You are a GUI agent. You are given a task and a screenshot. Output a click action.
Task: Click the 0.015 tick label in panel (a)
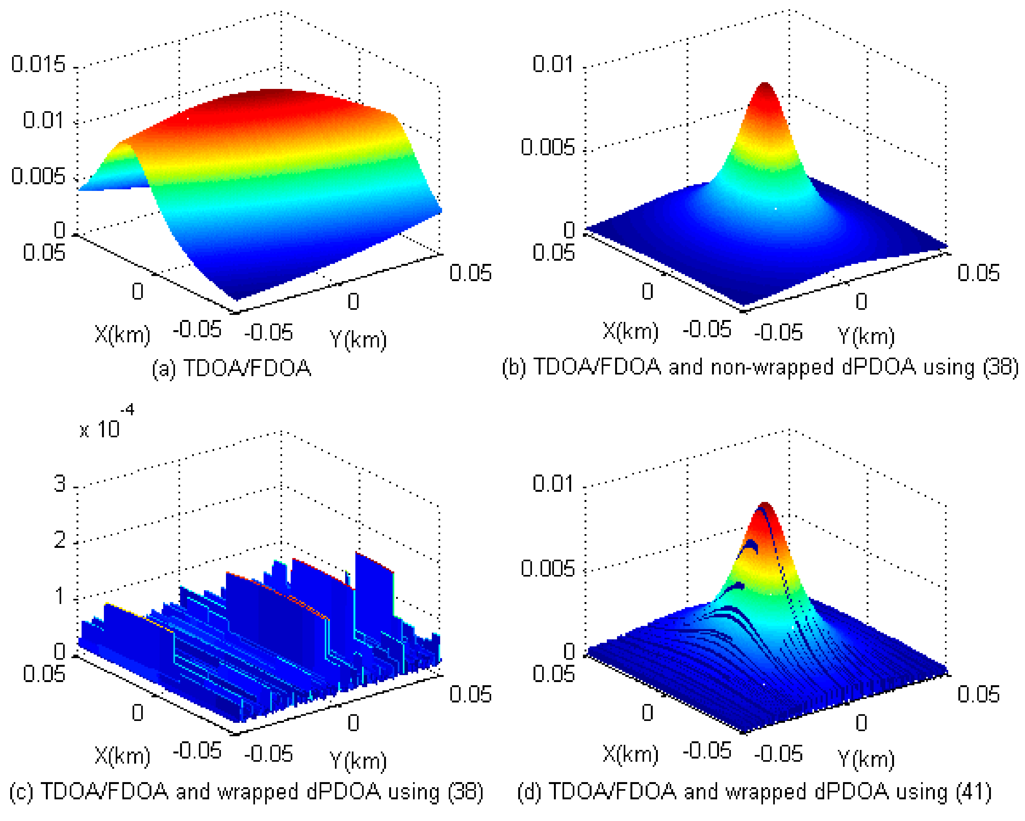click(x=38, y=64)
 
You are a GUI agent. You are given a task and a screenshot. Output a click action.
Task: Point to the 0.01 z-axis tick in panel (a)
click(x=43, y=120)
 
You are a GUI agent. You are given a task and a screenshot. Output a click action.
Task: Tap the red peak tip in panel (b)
click(x=765, y=85)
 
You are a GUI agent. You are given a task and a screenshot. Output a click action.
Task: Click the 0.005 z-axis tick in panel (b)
click(x=548, y=147)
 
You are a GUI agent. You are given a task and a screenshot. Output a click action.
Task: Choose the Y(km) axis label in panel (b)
click(x=866, y=336)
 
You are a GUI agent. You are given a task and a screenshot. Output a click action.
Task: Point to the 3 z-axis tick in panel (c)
click(x=59, y=484)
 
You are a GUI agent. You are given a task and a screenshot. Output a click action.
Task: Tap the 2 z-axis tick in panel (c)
click(x=59, y=540)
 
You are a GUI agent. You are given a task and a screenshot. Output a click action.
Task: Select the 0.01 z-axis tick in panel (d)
click(x=553, y=483)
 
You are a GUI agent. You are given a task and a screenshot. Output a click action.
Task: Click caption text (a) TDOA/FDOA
click(x=231, y=368)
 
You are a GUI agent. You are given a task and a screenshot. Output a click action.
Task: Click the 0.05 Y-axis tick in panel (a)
click(x=470, y=273)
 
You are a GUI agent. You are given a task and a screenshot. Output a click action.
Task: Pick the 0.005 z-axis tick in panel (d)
click(x=548, y=568)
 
